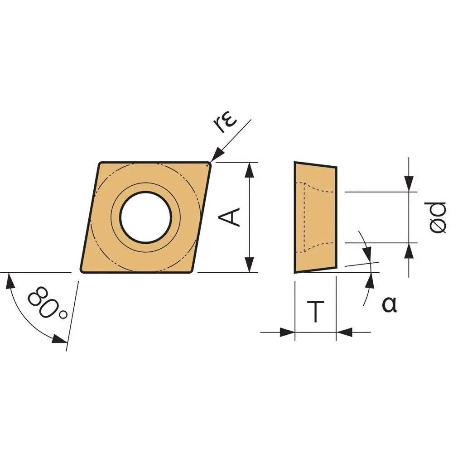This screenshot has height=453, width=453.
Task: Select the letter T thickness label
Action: point(315,311)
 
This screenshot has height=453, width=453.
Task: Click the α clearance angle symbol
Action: point(389,304)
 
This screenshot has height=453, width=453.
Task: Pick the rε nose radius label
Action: point(226,123)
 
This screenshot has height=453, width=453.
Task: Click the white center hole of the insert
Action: point(146,217)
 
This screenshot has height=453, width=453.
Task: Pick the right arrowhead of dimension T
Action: point(344,332)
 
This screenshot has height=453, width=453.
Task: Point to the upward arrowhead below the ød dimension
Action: point(409,251)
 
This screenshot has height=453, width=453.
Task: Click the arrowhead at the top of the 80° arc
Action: point(10,280)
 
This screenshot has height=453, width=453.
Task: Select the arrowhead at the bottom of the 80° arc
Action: point(60,339)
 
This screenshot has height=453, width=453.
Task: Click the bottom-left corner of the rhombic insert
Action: point(81,271)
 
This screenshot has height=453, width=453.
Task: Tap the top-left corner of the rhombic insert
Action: point(100,163)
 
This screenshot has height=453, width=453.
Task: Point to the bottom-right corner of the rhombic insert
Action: point(191,271)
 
